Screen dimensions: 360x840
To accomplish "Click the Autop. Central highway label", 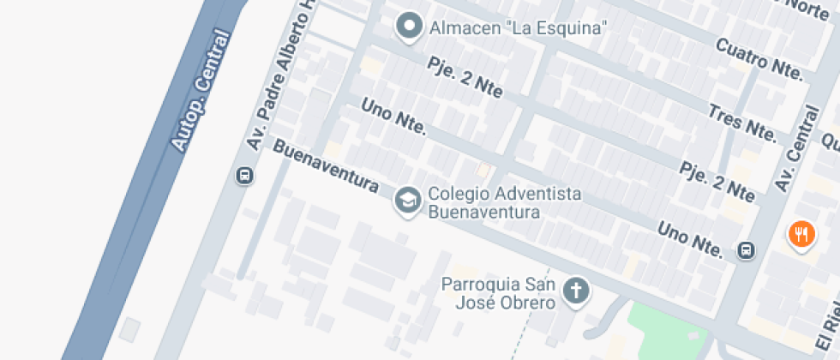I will pos(202,91).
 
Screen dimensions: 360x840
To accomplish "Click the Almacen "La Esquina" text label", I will pos(518,27).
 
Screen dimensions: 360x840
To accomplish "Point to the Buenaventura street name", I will pos(326,166).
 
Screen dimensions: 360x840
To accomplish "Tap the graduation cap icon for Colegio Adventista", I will pos(406,201).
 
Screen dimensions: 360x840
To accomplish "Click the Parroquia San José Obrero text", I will pos(499,292).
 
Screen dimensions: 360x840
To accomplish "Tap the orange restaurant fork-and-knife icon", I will pos(801,233).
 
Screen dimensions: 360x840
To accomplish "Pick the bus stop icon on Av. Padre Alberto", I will pos(244,177).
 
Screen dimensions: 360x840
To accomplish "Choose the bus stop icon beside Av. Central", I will pos(747,250).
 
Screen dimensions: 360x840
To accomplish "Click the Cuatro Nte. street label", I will pos(760,59).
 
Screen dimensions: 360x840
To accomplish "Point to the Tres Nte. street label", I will pos(741,122).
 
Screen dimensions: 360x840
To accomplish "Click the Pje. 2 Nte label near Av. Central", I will pos(717,181).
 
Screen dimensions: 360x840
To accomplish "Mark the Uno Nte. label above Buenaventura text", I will pos(393,117).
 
